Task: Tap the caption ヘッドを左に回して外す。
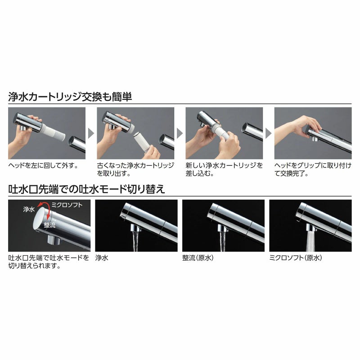click(43, 165)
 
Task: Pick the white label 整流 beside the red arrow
click(50, 224)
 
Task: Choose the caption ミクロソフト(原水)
click(295, 258)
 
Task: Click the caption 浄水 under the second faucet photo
click(102, 258)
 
